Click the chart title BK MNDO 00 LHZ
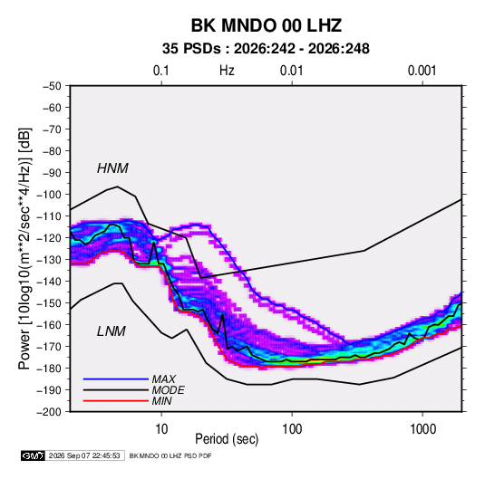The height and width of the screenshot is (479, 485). click(x=267, y=25)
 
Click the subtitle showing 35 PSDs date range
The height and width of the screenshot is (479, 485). click(x=266, y=49)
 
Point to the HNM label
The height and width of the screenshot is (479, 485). click(x=112, y=168)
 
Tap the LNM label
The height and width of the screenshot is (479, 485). click(x=112, y=331)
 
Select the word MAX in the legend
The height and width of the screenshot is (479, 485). click(x=163, y=379)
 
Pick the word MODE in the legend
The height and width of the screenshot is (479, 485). click(x=169, y=390)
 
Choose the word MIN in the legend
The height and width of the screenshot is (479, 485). click(x=161, y=401)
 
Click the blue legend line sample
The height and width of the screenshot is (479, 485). click(x=116, y=379)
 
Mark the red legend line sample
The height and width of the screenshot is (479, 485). click(x=116, y=401)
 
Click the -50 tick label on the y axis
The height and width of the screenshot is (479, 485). click(x=52, y=86)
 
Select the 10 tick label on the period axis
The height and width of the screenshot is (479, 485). click(x=161, y=429)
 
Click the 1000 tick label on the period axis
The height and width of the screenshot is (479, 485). click(x=422, y=429)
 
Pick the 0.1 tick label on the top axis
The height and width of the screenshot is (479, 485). click(x=161, y=71)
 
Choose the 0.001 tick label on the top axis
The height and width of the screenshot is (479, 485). click(x=422, y=71)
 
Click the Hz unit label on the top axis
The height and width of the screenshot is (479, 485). click(x=227, y=71)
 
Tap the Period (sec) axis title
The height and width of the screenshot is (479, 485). click(x=227, y=439)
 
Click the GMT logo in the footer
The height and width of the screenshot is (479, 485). click(x=33, y=455)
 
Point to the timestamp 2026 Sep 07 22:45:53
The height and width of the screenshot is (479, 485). click(x=84, y=455)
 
